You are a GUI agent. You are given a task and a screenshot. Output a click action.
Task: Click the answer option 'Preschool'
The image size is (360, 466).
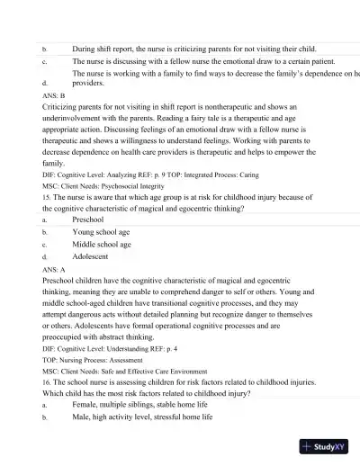(87, 219)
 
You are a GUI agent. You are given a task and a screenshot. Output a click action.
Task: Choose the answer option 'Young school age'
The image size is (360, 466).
(101, 231)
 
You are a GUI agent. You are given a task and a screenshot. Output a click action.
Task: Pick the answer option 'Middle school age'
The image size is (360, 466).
(101, 244)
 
